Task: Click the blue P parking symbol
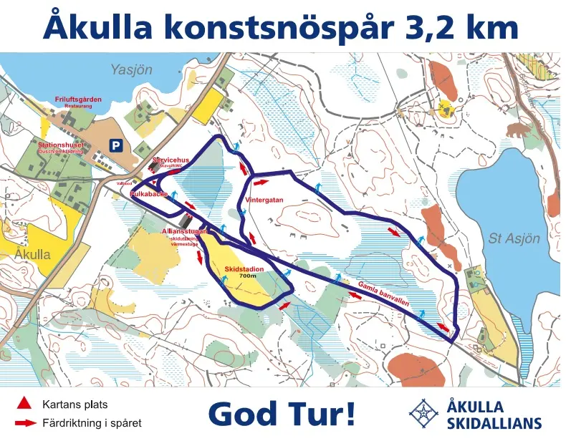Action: pos(114,145)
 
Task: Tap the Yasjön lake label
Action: pos(133,70)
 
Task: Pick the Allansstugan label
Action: pos(185,232)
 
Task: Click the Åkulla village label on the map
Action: pos(32,254)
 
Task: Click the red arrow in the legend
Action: pos(25,423)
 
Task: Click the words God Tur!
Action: pos(282,413)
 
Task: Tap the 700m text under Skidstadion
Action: pos(247,276)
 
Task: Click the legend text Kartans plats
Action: pos(75,404)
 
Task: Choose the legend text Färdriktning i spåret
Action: pos(92,423)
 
